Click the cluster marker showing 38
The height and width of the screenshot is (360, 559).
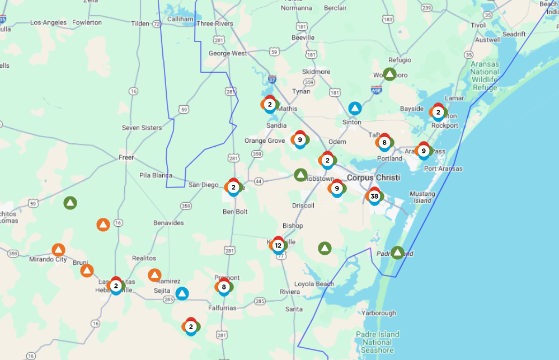374,196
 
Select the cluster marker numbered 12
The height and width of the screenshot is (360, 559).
278,245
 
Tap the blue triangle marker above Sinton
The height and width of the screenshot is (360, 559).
355,108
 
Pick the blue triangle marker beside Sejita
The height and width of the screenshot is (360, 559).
182,293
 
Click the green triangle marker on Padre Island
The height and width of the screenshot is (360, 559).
397,253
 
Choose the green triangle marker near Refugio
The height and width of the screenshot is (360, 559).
389,74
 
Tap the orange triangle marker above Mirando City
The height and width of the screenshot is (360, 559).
58,250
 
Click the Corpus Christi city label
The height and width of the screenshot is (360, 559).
373,177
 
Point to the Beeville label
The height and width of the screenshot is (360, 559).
303,38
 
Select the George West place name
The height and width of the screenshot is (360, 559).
228,54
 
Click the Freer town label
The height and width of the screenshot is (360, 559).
126,157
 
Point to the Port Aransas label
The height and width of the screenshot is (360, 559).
443,169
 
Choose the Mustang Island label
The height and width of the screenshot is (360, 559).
422,197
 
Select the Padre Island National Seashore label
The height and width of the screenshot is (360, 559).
377,342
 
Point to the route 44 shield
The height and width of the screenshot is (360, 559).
259,181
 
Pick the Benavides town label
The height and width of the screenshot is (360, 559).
168,223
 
